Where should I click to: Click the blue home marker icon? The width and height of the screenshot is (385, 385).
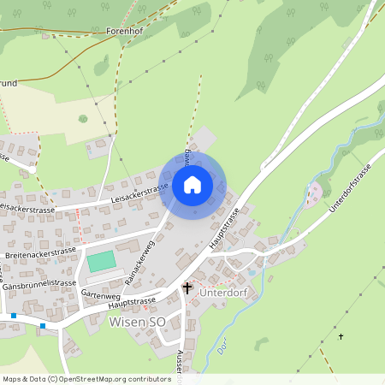(192, 185)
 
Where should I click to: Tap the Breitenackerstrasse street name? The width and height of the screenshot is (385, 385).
(40, 252)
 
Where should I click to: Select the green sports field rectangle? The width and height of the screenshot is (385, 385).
(101, 261)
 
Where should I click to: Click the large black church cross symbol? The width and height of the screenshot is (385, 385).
(187, 288)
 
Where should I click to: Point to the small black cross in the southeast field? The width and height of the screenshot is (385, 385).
(341, 336)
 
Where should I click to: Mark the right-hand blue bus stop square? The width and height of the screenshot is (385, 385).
(43, 325)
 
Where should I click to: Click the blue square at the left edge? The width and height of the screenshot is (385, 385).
(14, 315)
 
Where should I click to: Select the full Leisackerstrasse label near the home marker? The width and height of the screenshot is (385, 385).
(139, 193)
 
